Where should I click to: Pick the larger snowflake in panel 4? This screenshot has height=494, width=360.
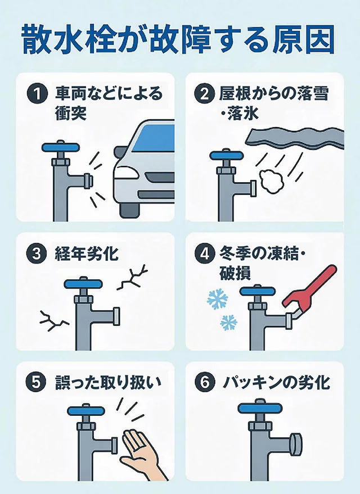(x=217, y=300)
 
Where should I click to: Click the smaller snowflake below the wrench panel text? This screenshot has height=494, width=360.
(x=228, y=323)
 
